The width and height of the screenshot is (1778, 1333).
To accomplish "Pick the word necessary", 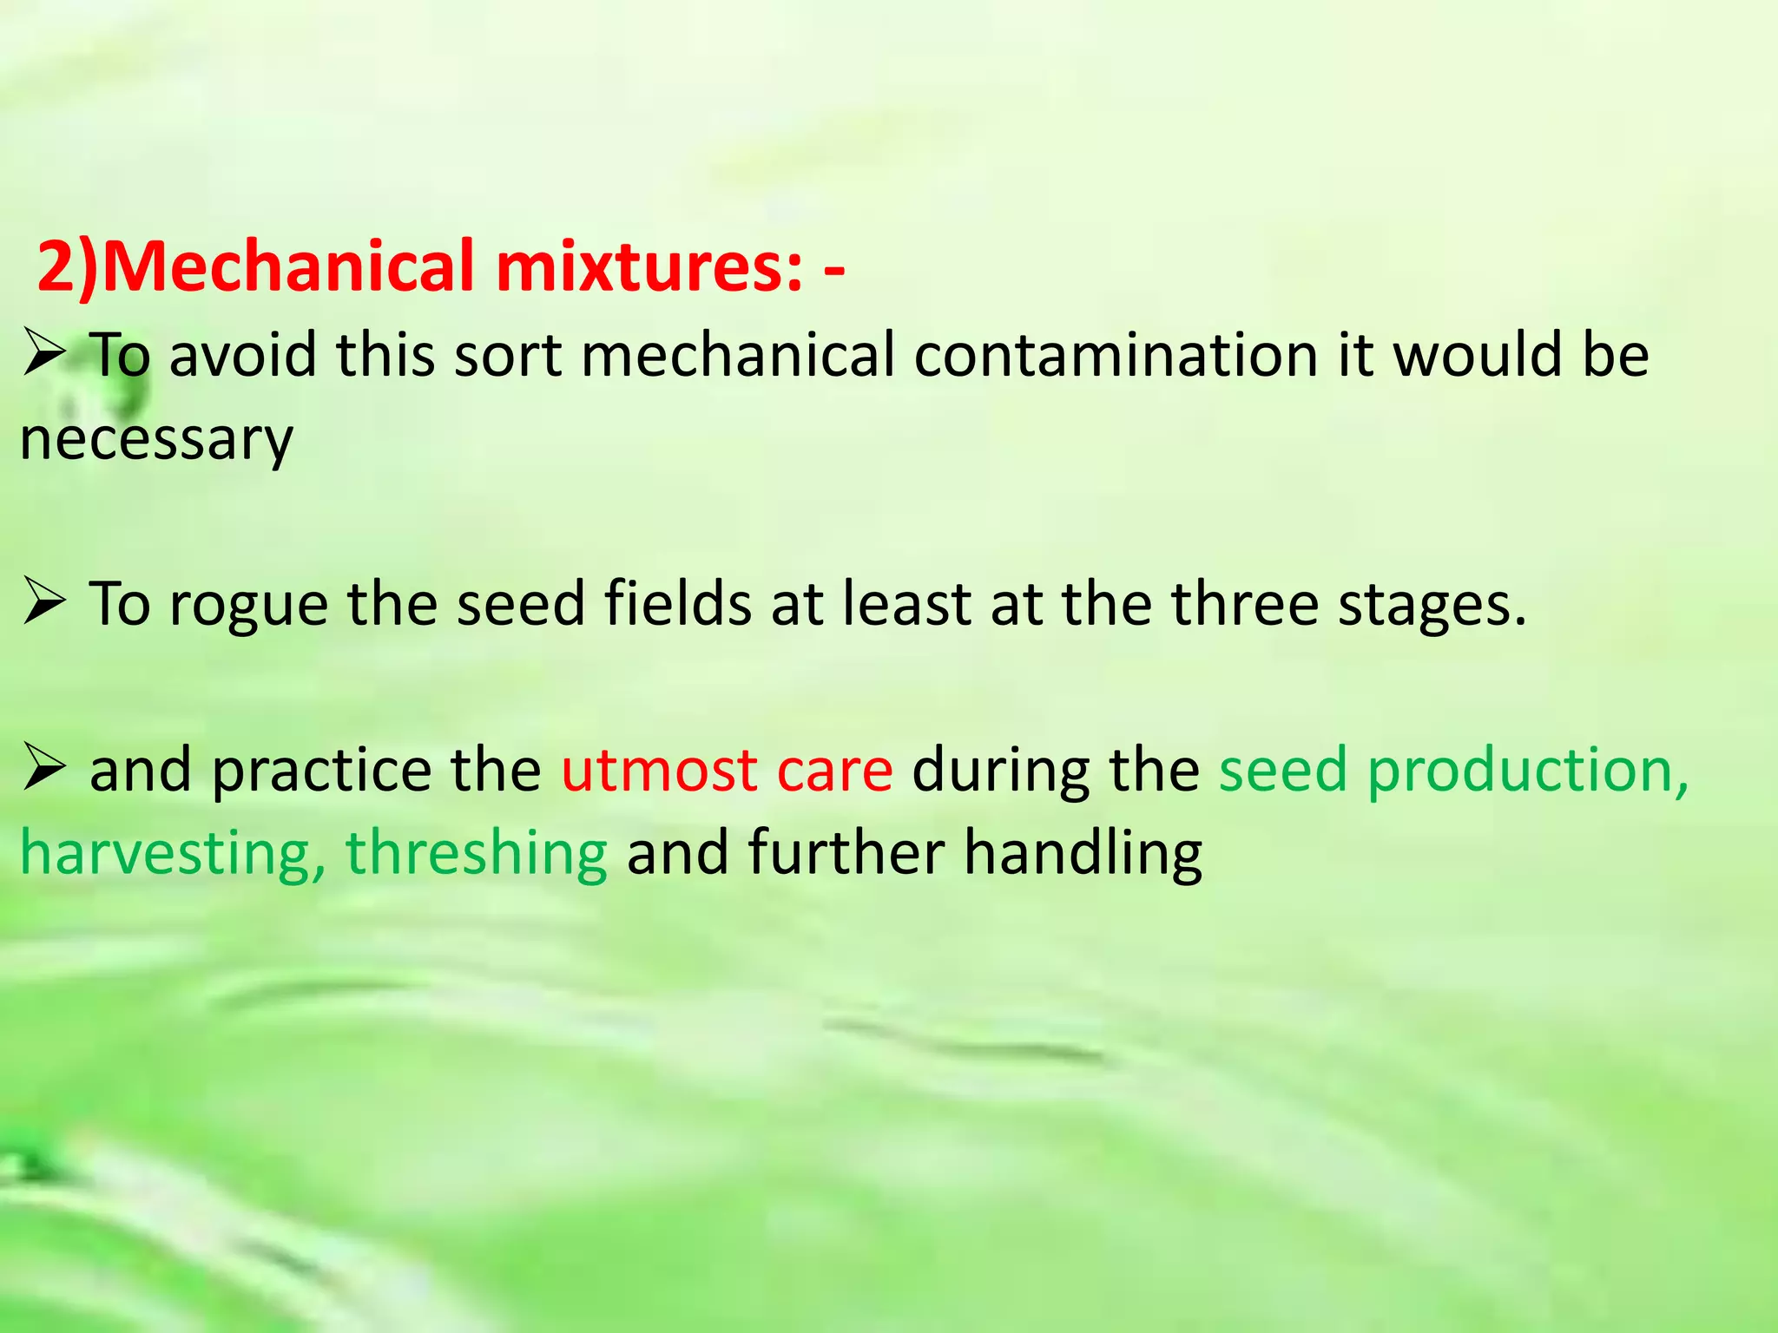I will pos(156,440).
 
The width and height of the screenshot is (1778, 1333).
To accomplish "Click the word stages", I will pos(1431,604).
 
